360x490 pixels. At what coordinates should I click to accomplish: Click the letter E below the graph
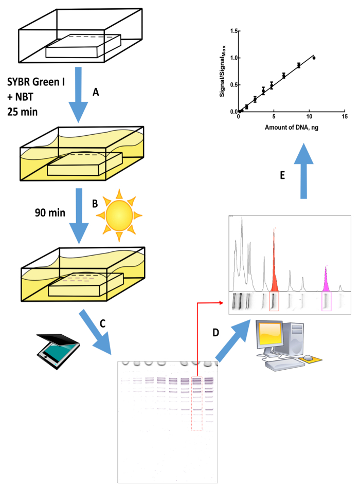pyautogui.click(x=282, y=175)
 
